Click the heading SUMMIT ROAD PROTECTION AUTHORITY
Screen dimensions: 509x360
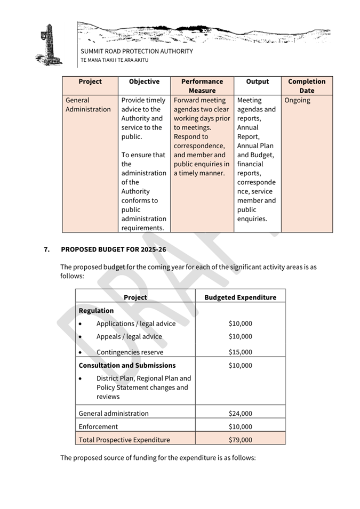pyautogui.click(x=137, y=52)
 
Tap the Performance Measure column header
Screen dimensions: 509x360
pyautogui.click(x=202, y=86)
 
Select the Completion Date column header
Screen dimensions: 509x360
pyautogui.click(x=307, y=86)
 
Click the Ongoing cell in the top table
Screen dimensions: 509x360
pyautogui.click(x=297, y=100)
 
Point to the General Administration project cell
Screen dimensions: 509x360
pyautogui.click(x=88, y=104)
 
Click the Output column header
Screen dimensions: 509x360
pyautogui.click(x=258, y=82)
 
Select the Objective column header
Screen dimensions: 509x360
pyautogui.click(x=144, y=82)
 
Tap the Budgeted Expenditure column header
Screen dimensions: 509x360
pyautogui.click(x=240, y=297)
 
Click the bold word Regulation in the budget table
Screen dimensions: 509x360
pyautogui.click(x=96, y=311)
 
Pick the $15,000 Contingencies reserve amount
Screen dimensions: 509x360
pyautogui.click(x=240, y=352)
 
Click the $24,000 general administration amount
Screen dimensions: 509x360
pyautogui.click(x=240, y=413)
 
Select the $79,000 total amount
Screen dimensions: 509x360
pyautogui.click(x=240, y=440)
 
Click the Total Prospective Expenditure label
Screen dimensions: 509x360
pyautogui.click(x=124, y=440)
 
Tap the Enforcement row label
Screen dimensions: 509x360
pyautogui.click(x=98, y=426)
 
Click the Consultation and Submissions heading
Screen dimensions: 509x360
pyautogui.click(x=127, y=366)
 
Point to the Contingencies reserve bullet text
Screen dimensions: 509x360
pyautogui.click(x=130, y=352)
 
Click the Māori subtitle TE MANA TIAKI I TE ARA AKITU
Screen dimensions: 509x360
pyautogui.click(x=114, y=60)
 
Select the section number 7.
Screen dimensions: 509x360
pyautogui.click(x=47, y=249)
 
